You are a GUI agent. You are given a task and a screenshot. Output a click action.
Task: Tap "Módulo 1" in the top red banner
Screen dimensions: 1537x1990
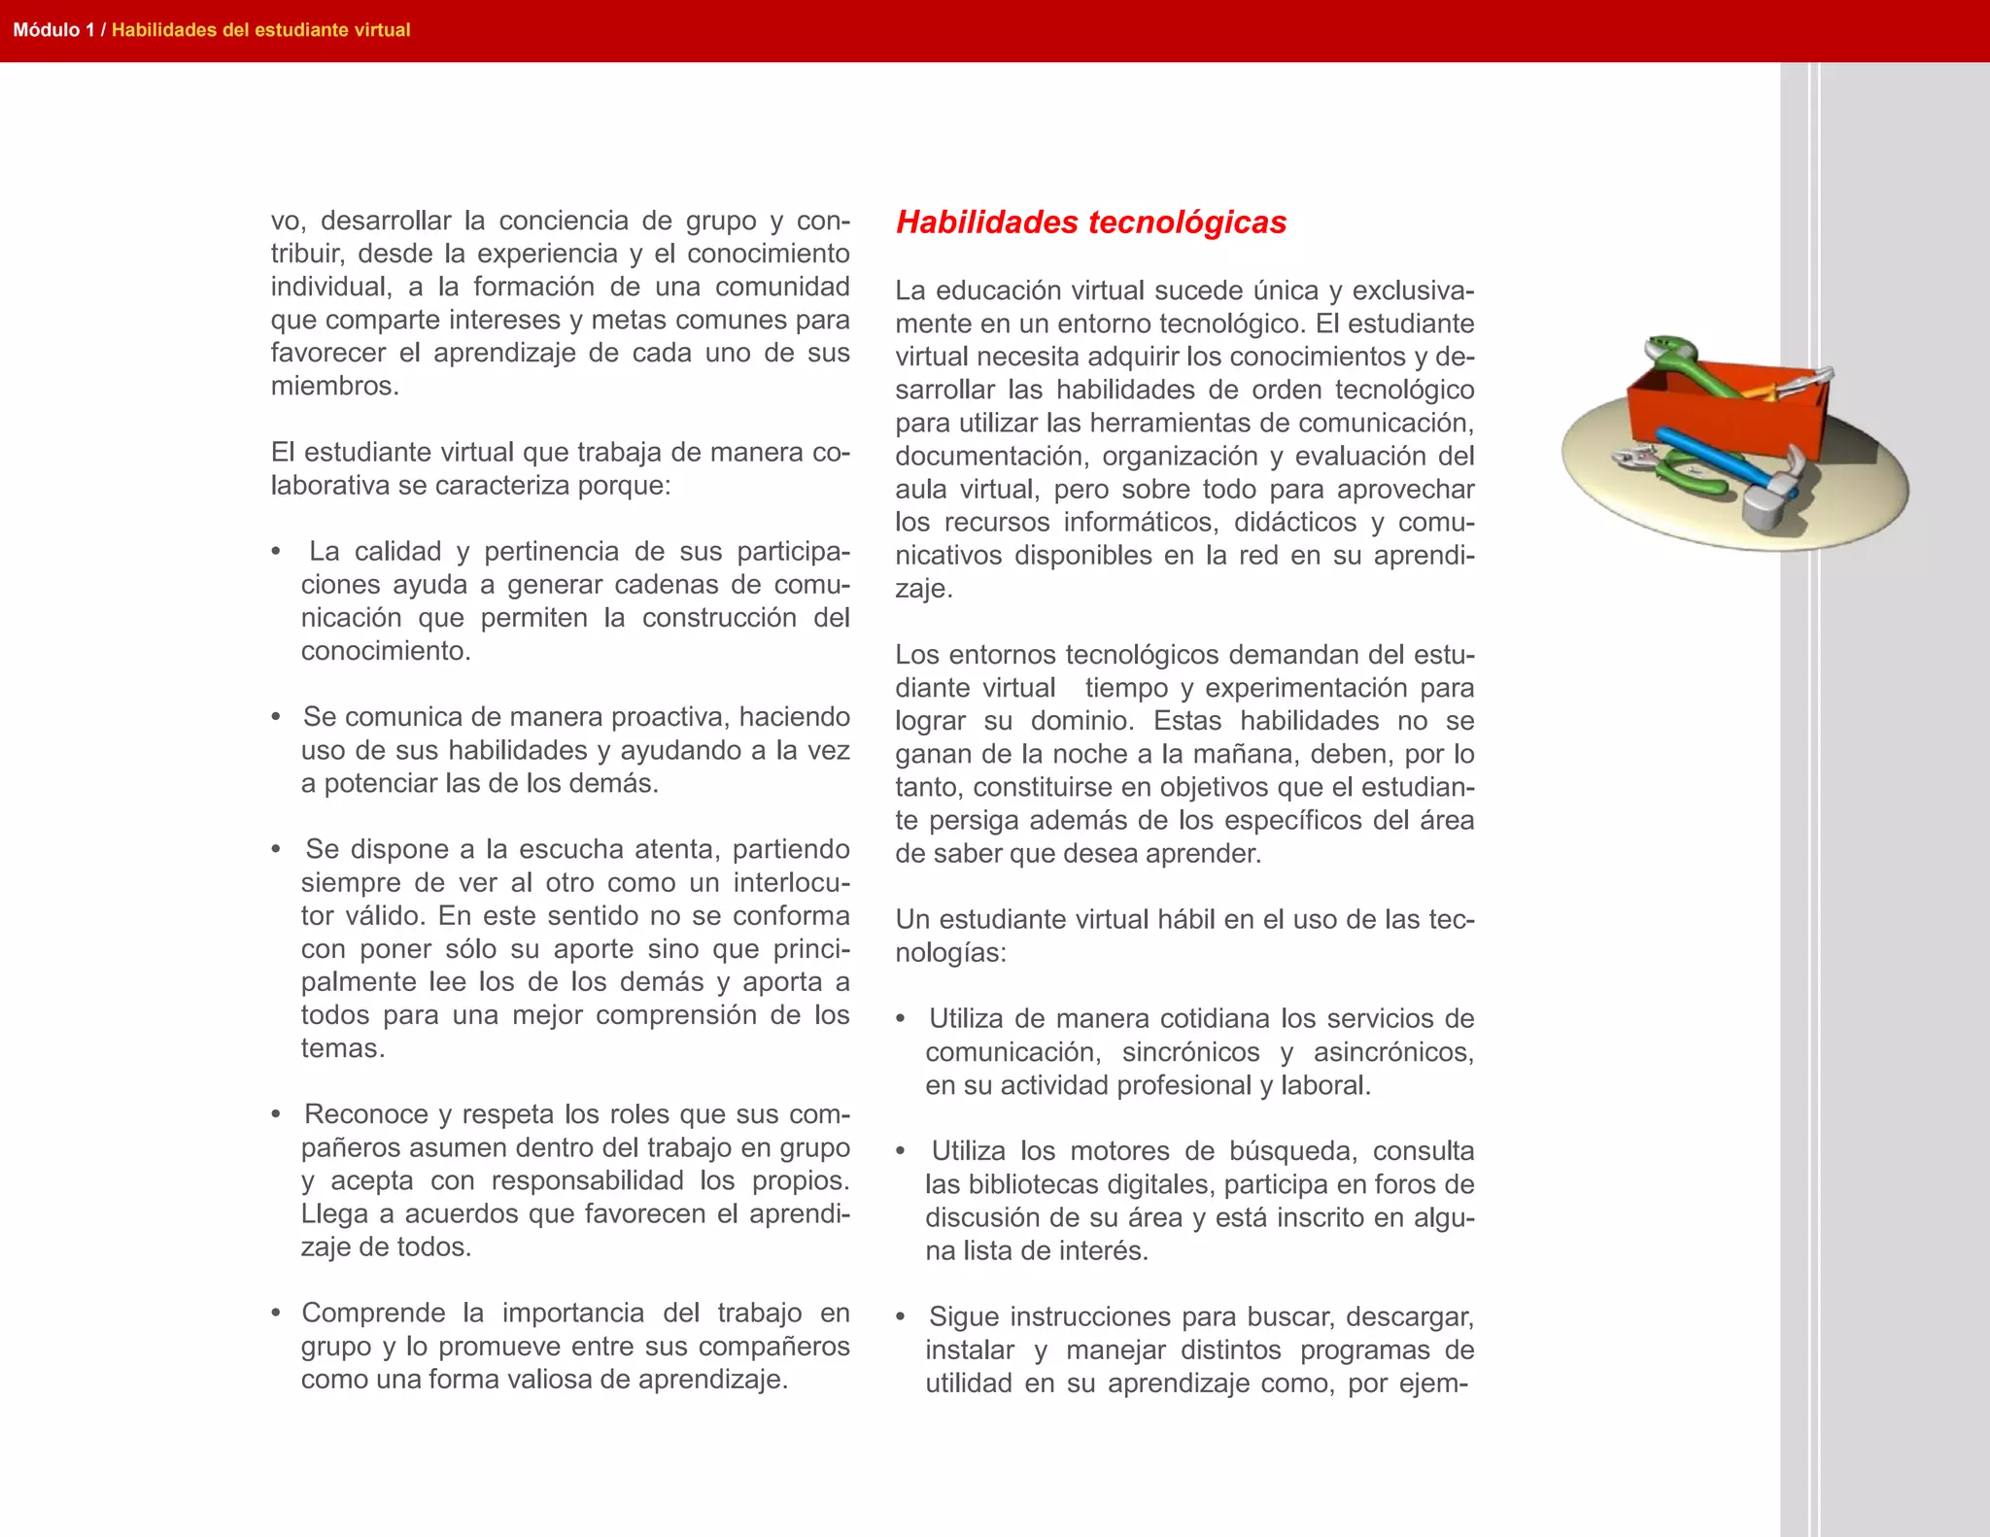click(x=53, y=30)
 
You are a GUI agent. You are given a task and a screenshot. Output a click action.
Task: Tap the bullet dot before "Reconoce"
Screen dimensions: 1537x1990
click(x=277, y=1115)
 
